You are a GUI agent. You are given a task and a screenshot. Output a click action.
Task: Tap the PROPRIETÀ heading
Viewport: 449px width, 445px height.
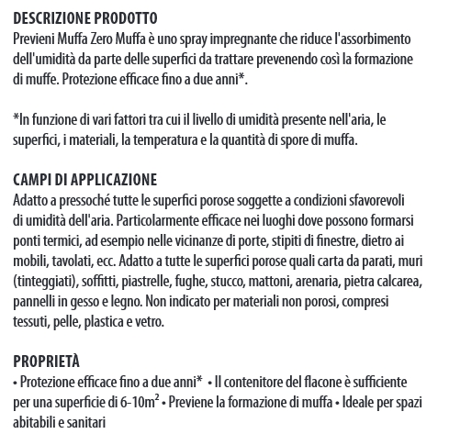[47, 360]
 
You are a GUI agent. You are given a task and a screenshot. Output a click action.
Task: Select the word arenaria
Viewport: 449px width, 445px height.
[335, 282]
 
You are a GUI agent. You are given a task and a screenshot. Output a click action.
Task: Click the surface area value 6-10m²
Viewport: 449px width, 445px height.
[140, 401]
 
